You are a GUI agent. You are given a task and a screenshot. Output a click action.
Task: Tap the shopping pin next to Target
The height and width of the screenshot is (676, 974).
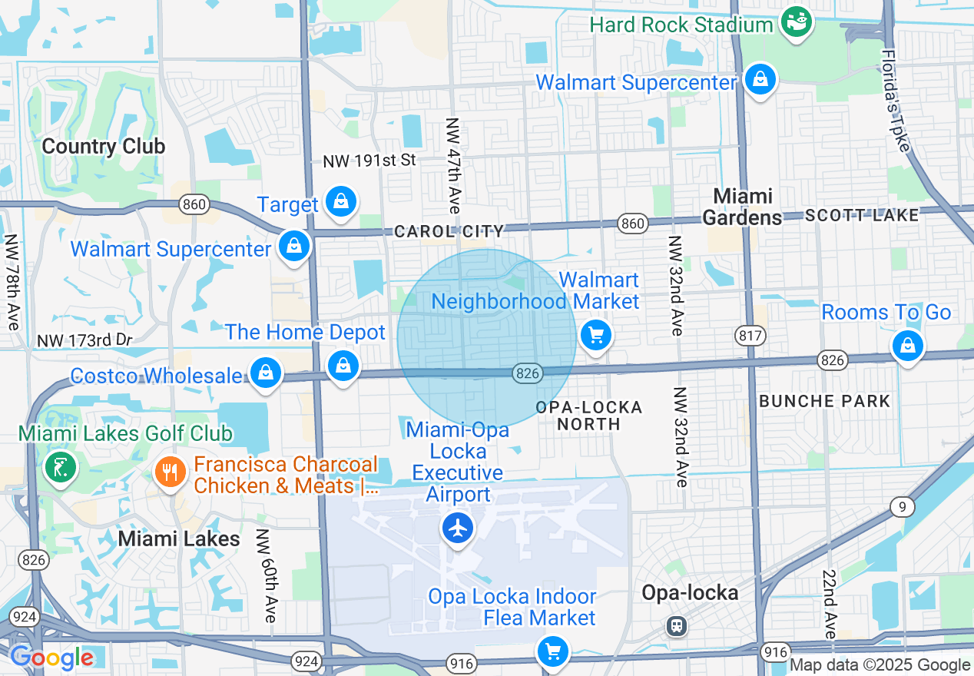click(x=340, y=202)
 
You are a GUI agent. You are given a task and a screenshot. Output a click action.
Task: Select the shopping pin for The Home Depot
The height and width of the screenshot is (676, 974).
click(x=343, y=366)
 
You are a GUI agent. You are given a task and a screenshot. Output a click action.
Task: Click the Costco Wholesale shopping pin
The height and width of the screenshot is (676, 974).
click(x=265, y=373)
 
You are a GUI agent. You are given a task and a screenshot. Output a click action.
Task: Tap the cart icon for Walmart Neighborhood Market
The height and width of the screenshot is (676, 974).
click(x=595, y=335)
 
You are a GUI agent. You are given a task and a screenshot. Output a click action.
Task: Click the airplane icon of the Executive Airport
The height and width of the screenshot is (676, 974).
click(x=458, y=528)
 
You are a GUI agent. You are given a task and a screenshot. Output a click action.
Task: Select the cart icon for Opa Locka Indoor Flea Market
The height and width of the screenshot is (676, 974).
click(x=552, y=651)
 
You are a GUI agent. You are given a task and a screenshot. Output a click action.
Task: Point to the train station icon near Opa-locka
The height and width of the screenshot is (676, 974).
click(x=677, y=625)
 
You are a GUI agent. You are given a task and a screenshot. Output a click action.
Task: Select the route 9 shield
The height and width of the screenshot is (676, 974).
click(x=903, y=506)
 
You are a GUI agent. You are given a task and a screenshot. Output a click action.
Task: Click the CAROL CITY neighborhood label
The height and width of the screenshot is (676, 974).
click(x=449, y=231)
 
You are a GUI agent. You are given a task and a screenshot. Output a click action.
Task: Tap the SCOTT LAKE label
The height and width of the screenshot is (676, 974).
click(x=861, y=216)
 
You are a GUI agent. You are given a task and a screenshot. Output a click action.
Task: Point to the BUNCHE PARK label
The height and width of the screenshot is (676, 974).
click(x=824, y=401)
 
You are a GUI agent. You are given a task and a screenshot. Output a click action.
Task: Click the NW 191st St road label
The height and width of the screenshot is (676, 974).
click(x=369, y=161)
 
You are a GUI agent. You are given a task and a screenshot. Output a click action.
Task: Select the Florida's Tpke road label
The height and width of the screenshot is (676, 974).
click(x=894, y=101)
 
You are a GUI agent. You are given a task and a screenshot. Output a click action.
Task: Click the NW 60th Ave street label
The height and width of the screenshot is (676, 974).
click(x=266, y=575)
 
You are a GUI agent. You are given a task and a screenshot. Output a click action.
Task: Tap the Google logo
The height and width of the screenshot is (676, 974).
click(x=51, y=658)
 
